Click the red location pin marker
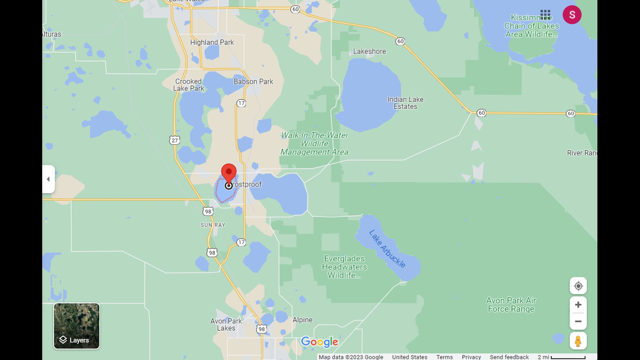[228, 174]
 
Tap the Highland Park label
[212, 42]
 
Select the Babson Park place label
[253, 81]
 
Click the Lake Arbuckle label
[387, 248]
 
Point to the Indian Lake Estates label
[405, 103]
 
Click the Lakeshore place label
[369, 51]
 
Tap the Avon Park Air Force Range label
[511, 304]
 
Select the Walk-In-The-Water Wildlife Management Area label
[314, 144]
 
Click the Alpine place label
[302, 320]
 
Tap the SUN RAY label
[213, 225]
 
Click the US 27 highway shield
[174, 139]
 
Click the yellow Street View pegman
[578, 341]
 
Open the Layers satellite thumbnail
[76, 326]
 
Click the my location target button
[578, 286]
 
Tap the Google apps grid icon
[545, 15]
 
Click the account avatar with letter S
[572, 15]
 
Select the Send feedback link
[509, 357]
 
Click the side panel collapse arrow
[48, 179]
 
